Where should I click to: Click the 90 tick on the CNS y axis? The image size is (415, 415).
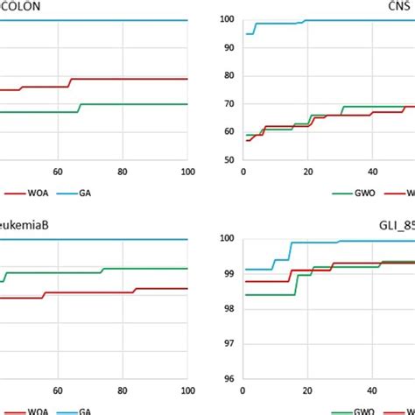[x=227, y=47]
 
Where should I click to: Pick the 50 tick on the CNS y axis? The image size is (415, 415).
[x=227, y=160]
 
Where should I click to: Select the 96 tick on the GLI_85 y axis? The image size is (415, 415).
[x=227, y=379]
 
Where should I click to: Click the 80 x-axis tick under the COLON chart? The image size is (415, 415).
[x=123, y=172]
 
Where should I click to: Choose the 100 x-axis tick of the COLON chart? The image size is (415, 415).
[x=186, y=172]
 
